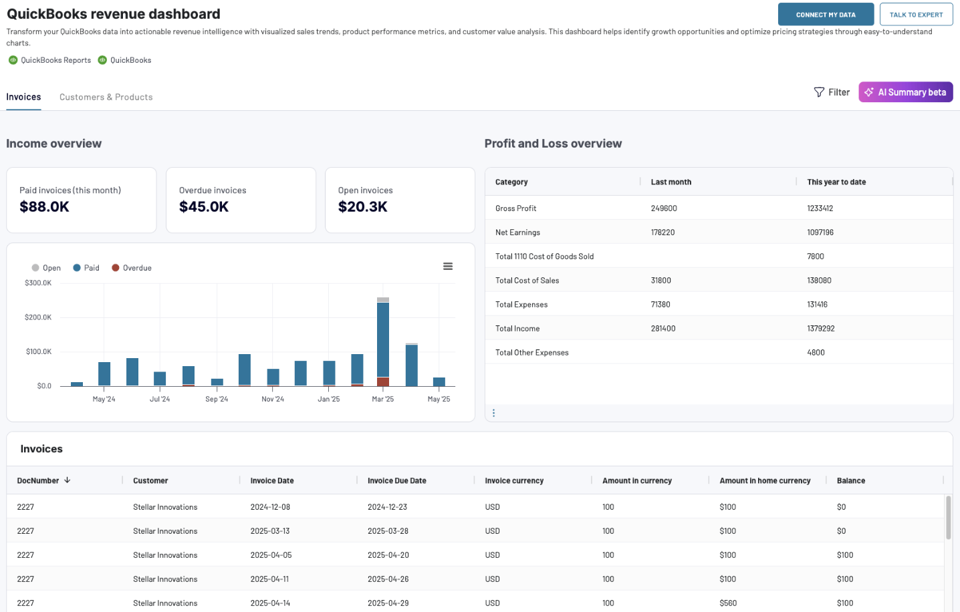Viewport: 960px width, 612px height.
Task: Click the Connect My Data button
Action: tap(825, 15)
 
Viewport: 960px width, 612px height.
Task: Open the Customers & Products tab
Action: tap(106, 97)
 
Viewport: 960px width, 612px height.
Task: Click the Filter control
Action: tap(832, 92)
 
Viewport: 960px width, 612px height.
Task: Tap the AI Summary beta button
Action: tap(905, 92)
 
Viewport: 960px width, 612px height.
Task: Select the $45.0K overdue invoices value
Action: tap(204, 207)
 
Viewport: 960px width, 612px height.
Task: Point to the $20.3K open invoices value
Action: tap(362, 207)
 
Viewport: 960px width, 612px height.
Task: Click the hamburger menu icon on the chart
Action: tap(448, 267)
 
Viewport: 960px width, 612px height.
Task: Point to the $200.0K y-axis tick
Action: tap(38, 317)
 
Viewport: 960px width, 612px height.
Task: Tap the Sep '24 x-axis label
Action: tap(217, 399)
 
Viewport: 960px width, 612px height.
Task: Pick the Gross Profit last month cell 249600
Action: tap(664, 208)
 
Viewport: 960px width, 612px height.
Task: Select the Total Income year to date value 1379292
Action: tap(820, 329)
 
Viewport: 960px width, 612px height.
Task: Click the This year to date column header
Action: tap(836, 182)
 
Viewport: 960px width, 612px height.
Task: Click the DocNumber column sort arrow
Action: tap(68, 480)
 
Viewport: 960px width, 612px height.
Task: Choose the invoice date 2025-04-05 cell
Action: tap(271, 555)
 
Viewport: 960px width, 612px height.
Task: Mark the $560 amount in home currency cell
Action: tap(728, 603)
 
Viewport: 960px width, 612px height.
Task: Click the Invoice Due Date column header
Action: tap(396, 480)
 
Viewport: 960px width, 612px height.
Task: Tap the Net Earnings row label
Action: tap(517, 233)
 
